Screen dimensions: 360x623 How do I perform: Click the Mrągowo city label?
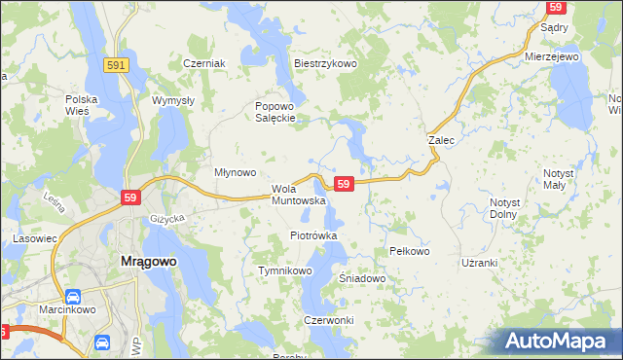[147, 261]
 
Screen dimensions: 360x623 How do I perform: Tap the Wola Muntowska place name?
[298, 195]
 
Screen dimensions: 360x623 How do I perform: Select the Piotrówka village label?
[313, 235]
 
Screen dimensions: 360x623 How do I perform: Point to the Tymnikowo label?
[283, 270]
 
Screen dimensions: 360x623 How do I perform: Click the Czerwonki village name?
[328, 321]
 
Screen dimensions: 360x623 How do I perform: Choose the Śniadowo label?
[362, 278]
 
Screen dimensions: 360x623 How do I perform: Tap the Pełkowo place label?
[409, 251]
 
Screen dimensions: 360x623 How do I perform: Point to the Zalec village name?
[442, 140]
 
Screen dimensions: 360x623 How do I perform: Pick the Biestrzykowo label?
[326, 63]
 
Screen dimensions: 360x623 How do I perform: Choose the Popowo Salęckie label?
[275, 113]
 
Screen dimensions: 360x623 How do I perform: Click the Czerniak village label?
[204, 63]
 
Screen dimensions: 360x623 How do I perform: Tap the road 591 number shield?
[116, 64]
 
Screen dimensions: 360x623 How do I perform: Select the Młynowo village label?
[235, 172]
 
